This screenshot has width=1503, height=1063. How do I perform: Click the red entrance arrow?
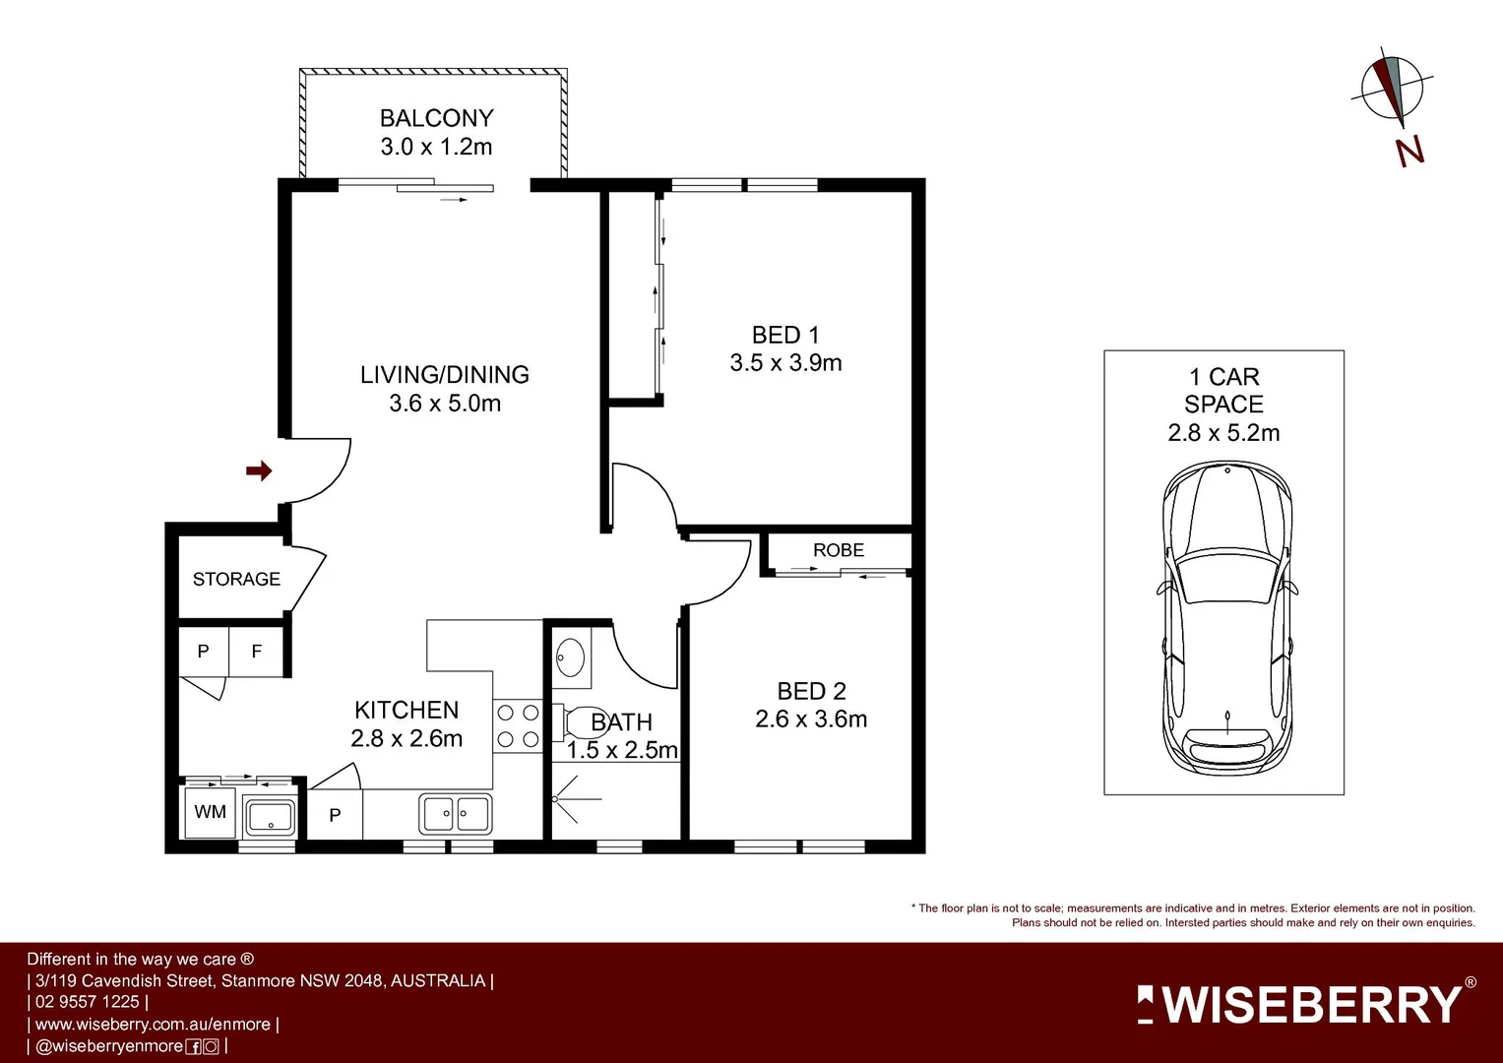point(259,471)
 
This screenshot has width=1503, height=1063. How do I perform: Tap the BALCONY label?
point(436,118)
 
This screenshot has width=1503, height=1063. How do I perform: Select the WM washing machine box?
point(211,812)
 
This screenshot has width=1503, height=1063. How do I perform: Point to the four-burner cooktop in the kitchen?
point(517,725)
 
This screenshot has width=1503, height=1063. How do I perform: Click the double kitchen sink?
point(456,814)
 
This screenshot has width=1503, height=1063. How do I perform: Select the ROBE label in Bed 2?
point(839,550)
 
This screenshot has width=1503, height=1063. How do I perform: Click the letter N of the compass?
point(1409,151)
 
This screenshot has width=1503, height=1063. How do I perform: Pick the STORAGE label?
point(236,579)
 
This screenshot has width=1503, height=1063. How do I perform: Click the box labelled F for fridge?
point(257,652)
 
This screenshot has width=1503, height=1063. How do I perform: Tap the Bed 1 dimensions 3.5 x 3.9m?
point(785,363)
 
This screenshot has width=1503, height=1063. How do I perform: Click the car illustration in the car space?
point(1226,620)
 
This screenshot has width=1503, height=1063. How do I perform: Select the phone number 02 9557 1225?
point(88,1002)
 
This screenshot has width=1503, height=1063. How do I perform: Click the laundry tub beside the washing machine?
point(269,816)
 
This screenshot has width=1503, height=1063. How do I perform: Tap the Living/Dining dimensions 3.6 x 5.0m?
point(445,404)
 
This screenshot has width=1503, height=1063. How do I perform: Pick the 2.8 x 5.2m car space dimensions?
point(1223,433)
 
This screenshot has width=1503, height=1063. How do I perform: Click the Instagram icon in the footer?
point(211,1047)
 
